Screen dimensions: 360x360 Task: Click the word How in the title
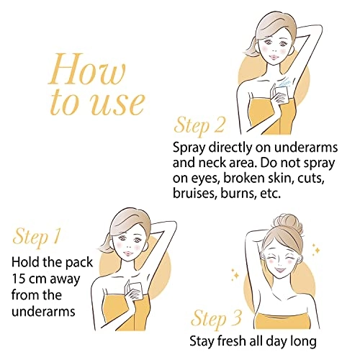[87, 69]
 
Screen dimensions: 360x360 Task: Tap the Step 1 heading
[36, 235]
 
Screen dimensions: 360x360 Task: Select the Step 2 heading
[199, 125]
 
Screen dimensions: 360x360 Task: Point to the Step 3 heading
[216, 319]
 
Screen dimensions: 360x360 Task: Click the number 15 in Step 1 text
[19, 279]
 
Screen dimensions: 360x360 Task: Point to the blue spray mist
[286, 82]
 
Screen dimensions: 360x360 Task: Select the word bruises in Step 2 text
[194, 194]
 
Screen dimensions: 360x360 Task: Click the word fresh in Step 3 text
[233, 341]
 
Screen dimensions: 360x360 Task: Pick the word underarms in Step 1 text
[43, 312]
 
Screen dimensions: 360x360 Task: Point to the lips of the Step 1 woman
[130, 253]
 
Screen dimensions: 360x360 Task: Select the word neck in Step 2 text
[212, 163]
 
